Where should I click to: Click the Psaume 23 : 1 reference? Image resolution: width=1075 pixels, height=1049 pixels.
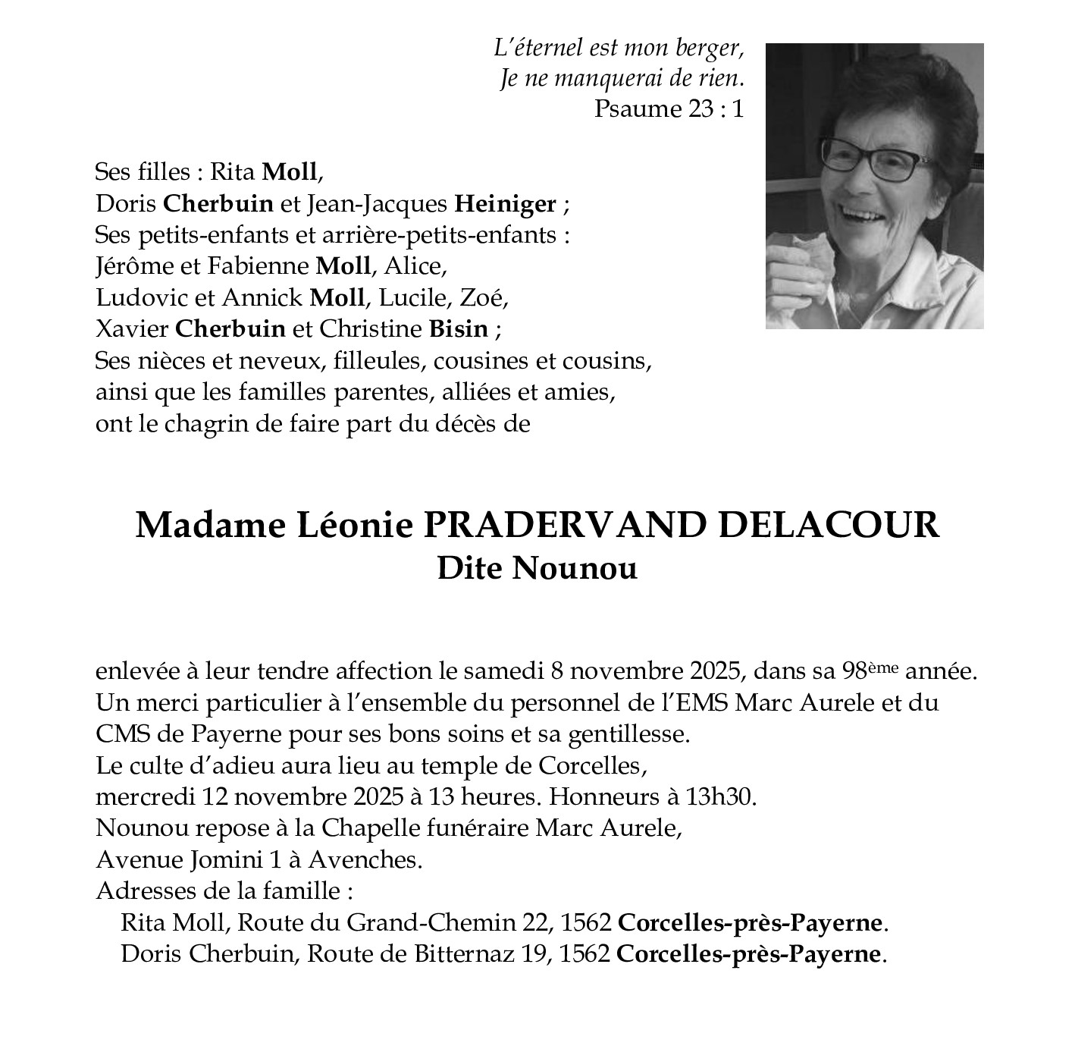tap(668, 108)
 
